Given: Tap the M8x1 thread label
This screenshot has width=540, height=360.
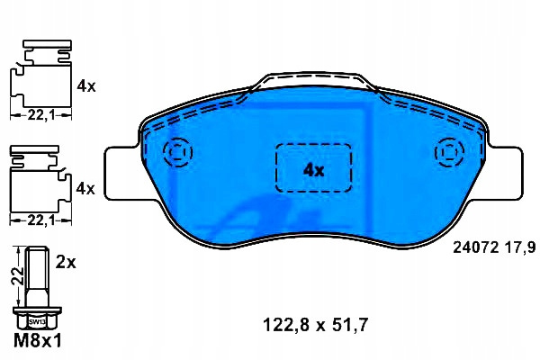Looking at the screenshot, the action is (x=38, y=341).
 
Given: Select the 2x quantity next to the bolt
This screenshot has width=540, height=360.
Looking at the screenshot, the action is (x=66, y=263).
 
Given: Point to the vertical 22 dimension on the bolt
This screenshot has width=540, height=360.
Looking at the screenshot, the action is (x=20, y=275).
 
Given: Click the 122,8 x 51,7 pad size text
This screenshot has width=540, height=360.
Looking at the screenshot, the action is (x=316, y=325).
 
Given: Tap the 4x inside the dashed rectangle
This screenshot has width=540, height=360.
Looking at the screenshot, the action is (x=313, y=170).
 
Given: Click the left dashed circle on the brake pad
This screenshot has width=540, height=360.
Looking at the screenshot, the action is (x=178, y=152).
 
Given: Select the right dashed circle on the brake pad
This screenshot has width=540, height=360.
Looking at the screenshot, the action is (x=449, y=152).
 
